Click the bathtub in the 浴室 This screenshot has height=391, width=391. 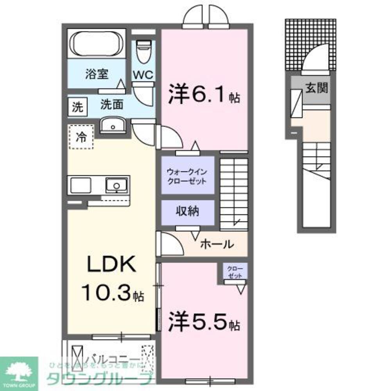(x=97, y=44)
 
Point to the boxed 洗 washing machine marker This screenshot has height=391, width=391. (x=77, y=107)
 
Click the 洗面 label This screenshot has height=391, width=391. (x=112, y=105)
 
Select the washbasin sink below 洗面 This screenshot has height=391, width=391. (x=113, y=126)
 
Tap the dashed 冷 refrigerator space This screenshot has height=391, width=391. (x=81, y=137)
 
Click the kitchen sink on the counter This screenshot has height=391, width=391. (x=117, y=185)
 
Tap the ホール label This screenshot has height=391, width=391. (x=217, y=244)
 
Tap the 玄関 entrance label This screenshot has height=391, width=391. (x=316, y=88)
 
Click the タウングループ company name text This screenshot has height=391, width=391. (x=100, y=378)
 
